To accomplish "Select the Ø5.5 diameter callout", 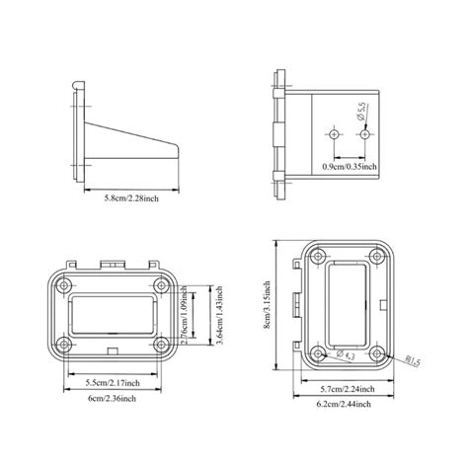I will click(x=362, y=112).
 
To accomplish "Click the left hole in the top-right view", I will click(x=335, y=132).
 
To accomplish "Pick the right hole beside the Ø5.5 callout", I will click(x=363, y=132).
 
